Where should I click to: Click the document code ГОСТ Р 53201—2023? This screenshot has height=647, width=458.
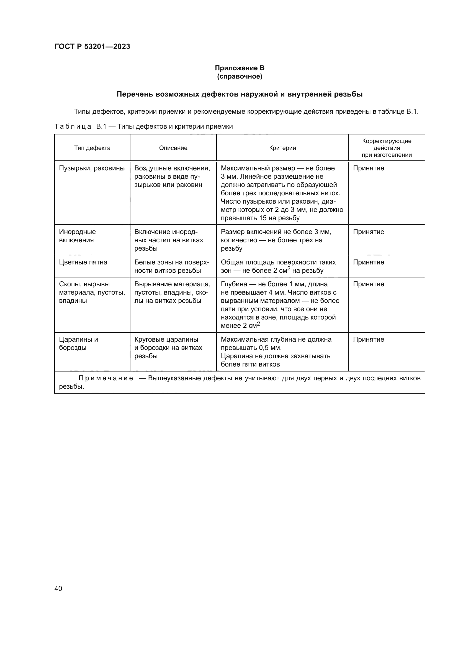92,46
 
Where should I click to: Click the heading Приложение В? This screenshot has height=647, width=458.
240,68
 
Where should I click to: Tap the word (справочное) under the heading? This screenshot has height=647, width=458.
240,76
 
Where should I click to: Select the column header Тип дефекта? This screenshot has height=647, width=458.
92,148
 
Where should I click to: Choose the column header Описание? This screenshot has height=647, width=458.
173,148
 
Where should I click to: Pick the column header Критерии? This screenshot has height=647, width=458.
282,148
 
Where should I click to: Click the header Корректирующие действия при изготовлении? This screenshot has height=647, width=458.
386,148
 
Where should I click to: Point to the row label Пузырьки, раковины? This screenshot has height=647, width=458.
92,168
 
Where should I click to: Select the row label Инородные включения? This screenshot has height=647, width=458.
77,236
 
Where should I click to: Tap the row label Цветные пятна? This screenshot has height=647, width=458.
83,262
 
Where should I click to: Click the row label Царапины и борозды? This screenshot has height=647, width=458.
78,343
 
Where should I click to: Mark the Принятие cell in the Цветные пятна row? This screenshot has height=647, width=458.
368,262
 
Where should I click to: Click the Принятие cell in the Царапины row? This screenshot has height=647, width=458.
368,339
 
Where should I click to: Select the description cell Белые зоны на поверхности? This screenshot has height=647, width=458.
171,266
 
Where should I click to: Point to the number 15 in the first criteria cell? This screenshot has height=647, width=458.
263,218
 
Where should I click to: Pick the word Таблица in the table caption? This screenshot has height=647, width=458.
73,126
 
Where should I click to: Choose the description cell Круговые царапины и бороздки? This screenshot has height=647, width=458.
168,347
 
